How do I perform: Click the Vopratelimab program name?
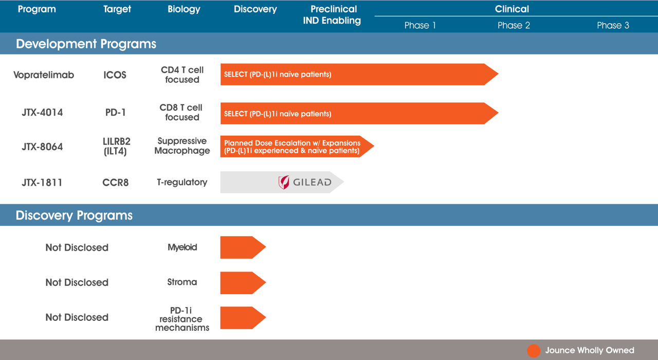[44, 75]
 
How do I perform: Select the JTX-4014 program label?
[42, 112]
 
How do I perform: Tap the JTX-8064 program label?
[42, 147]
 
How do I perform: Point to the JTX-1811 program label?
[42, 182]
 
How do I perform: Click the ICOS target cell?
[115, 75]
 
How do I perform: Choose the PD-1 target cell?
[115, 112]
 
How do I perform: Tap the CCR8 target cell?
[115, 182]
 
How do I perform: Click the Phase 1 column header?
[420, 25]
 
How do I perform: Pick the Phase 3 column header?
[613, 25]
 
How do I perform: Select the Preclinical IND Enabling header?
[334, 15]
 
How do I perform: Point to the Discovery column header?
[255, 9]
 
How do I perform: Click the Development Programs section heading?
[86, 44]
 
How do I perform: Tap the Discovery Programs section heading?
[74, 215]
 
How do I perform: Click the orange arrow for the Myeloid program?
[242, 247]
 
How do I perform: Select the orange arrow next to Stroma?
[242, 282]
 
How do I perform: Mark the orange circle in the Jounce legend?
[534, 351]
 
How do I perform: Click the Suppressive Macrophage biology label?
[182, 146]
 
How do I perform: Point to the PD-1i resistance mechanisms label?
[182, 319]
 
